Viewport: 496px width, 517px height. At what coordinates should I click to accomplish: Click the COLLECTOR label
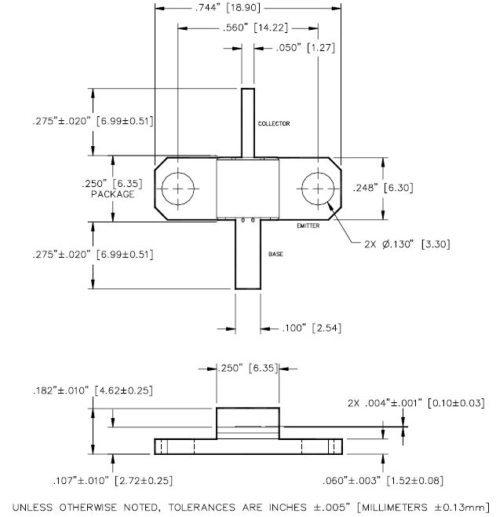tap(274, 124)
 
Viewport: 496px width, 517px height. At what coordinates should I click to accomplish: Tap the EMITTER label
tap(308, 226)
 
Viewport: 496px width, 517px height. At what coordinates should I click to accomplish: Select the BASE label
tap(276, 255)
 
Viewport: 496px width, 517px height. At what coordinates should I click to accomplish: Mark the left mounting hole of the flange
tap(181, 190)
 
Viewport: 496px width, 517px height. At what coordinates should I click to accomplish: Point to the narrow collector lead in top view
tap(248, 123)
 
